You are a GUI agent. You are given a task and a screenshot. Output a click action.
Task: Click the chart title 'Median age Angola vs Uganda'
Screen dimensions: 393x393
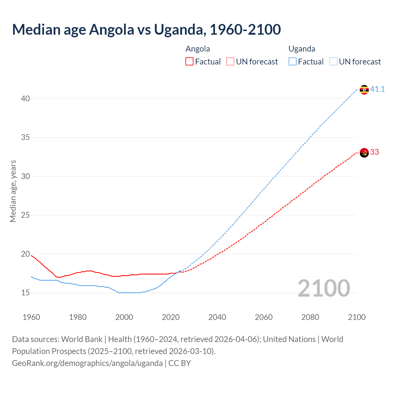pos(146,29)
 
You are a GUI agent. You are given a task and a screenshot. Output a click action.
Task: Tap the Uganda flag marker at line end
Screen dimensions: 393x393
pos(364,90)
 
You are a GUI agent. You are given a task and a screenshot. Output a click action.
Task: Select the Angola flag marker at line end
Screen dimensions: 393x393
pos(364,153)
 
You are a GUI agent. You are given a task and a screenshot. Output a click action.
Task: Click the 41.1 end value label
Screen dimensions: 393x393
pos(377,89)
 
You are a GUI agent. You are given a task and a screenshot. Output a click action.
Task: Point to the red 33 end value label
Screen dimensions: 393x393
pos(375,152)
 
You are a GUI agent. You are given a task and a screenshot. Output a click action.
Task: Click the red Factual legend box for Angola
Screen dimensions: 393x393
pos(189,62)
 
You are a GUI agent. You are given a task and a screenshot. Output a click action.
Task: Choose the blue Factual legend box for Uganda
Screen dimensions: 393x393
pos(292,62)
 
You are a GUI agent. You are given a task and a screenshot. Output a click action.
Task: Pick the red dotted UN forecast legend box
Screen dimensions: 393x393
pos(230,62)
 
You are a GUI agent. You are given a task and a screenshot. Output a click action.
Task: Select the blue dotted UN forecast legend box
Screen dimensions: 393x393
pos(333,62)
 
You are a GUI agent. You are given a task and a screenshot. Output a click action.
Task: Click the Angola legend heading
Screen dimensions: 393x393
pos(198,49)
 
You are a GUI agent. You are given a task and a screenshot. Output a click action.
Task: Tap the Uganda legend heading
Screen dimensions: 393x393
pos(302,49)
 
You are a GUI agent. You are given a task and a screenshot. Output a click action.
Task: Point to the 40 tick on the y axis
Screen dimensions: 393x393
pos(25,99)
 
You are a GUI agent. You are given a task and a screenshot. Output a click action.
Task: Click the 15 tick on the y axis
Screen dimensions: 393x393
pos(25,293)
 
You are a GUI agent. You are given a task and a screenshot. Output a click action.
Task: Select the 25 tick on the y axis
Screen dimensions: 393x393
pos(25,215)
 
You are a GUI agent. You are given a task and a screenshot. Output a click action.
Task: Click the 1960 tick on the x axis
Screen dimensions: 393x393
pos(31,317)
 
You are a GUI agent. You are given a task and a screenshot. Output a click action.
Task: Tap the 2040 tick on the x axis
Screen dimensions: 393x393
pos(217,317)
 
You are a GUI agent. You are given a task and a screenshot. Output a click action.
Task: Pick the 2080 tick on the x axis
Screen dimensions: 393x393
pos(310,317)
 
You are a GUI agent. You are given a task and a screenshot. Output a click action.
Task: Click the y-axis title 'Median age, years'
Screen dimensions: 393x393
pos(13,191)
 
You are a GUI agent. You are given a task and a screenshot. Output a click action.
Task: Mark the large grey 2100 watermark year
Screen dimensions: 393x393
pos(324,288)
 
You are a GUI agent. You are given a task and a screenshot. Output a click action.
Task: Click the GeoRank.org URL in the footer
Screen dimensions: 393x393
pos(87,363)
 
